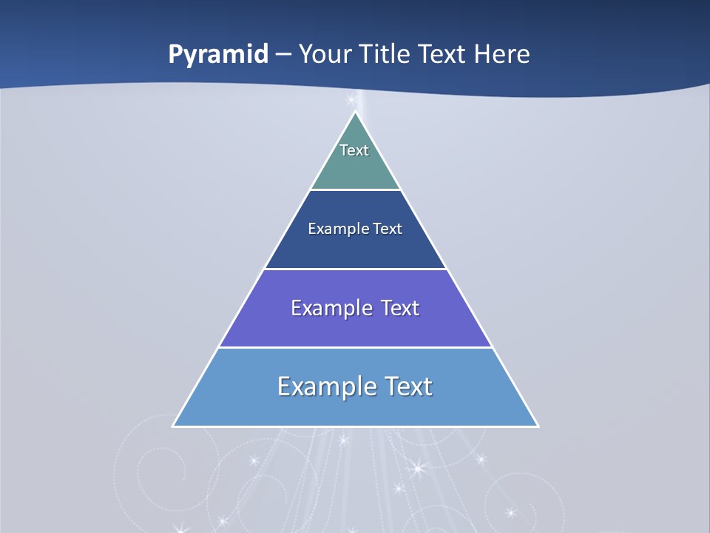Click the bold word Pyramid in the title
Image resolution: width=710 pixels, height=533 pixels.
(218, 55)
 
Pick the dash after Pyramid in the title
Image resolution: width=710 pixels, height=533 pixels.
(283, 55)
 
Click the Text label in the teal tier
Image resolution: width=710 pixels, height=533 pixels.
(354, 150)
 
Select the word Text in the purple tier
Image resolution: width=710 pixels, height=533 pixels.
(400, 308)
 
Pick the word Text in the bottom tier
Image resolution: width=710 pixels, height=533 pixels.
(408, 386)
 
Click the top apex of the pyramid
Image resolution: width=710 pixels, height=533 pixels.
(355, 113)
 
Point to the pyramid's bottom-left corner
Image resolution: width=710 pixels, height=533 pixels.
(174, 426)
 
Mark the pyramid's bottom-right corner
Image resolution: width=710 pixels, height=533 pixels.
(537, 426)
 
